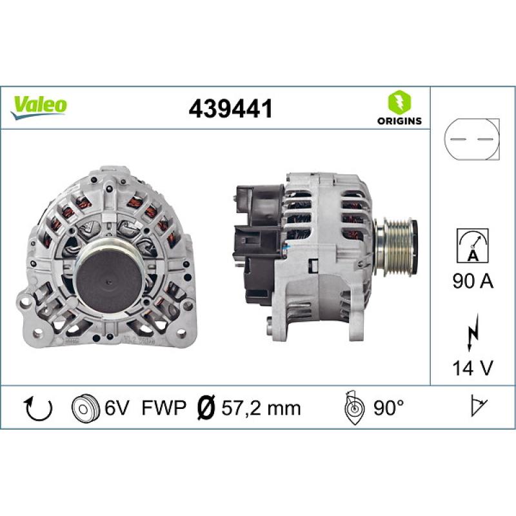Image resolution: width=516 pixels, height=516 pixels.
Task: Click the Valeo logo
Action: pyautogui.click(x=39, y=105)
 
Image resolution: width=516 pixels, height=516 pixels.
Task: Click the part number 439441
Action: pyautogui.click(x=230, y=109)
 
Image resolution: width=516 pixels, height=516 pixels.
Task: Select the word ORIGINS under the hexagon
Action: pyautogui.click(x=399, y=121)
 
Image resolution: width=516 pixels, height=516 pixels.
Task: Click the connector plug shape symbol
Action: pyautogui.click(x=472, y=139)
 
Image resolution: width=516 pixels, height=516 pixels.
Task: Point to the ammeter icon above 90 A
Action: pyautogui.click(x=472, y=244)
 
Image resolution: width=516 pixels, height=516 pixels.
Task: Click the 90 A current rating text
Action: pyautogui.click(x=472, y=283)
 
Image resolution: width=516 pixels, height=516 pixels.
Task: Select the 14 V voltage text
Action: pyautogui.click(x=472, y=368)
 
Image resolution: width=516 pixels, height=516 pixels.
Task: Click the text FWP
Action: pyautogui.click(x=164, y=408)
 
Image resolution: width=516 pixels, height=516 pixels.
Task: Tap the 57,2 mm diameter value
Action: pyautogui.click(x=261, y=408)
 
